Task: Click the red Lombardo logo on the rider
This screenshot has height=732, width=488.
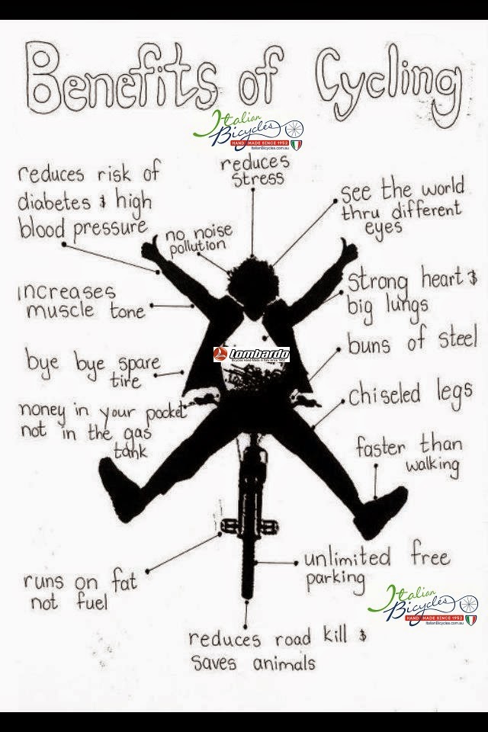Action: [252, 355]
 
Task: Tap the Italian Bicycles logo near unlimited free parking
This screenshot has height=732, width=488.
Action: [422, 607]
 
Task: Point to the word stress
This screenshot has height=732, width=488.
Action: [257, 180]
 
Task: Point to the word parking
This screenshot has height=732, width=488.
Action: [335, 579]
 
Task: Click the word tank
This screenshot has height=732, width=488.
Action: [130, 451]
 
